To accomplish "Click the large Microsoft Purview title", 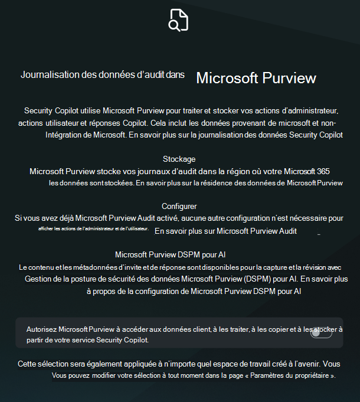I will point(256,79).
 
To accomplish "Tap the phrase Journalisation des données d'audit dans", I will point(103,75).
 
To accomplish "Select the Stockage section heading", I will point(179,159).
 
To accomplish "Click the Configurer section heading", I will point(179,206).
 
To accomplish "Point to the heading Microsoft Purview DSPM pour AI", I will point(170,255).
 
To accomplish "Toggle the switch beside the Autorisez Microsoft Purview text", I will point(321,334).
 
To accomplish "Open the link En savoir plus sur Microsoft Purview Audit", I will point(225,231).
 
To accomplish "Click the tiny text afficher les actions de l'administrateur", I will point(93,229).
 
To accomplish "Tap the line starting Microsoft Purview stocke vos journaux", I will point(179,171).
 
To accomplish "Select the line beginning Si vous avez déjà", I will point(179,218).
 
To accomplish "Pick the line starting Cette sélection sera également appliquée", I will point(179,364).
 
